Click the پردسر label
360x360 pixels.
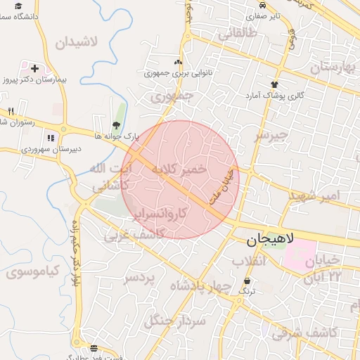pos(139,279)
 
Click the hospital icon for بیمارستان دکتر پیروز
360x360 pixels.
pos(34,69)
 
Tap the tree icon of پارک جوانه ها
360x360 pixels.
pos(116,124)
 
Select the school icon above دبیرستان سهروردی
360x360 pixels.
pos(50,138)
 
